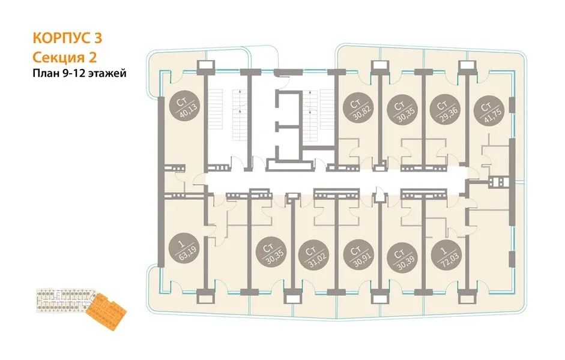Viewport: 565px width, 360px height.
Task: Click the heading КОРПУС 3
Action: [x=67, y=38]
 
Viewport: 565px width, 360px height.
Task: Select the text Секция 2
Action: [x=65, y=57]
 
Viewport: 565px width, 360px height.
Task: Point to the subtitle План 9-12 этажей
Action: [x=80, y=73]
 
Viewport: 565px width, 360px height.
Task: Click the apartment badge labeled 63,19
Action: [x=186, y=248]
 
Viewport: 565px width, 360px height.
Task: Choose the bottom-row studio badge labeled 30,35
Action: [x=271, y=254]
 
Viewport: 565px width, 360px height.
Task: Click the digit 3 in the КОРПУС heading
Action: [x=98, y=38]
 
